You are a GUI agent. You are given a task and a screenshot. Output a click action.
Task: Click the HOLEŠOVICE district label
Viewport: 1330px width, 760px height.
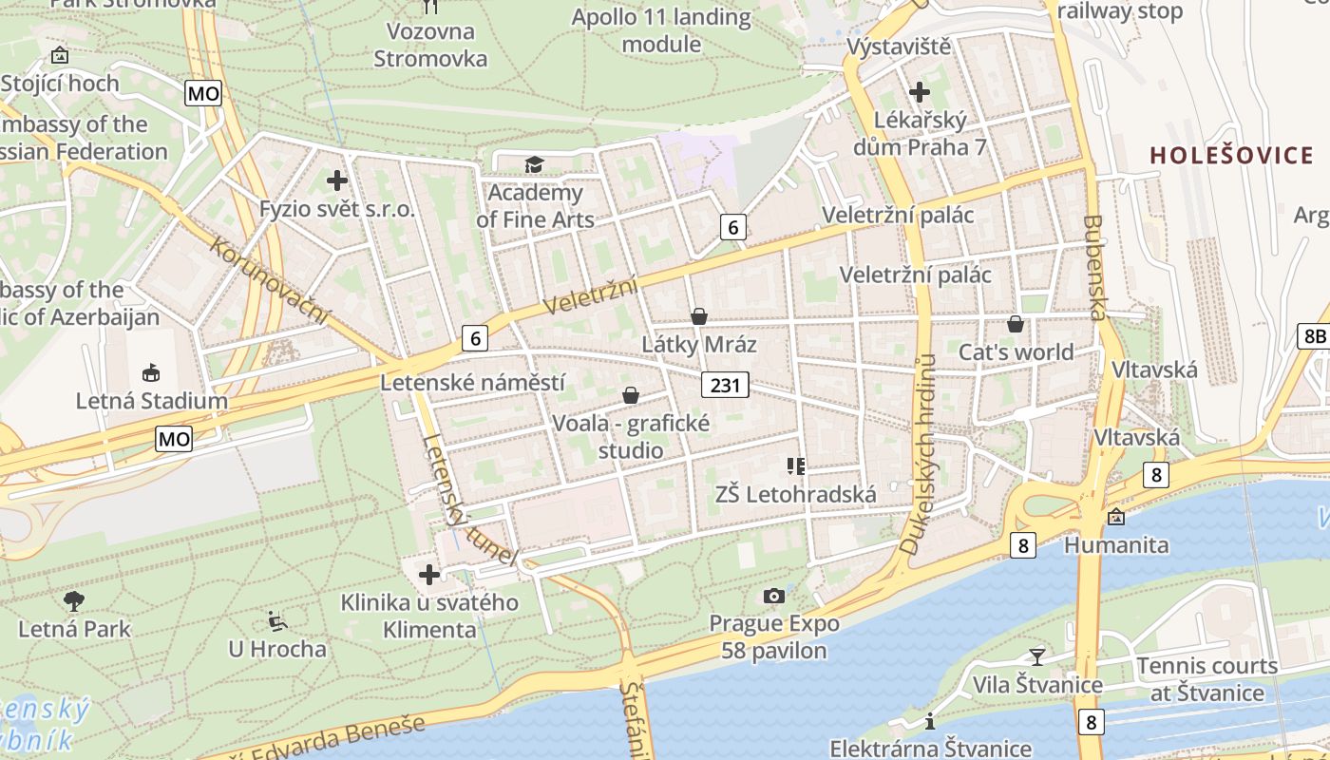(1232, 155)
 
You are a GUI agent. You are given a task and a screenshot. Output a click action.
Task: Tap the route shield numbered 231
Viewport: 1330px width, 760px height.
(726, 385)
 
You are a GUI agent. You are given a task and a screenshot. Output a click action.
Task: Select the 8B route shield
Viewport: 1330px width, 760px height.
(1314, 335)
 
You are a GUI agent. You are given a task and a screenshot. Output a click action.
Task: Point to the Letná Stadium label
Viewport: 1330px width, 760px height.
(152, 401)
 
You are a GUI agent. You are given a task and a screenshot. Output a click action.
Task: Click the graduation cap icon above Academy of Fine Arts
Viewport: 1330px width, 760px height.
(534, 165)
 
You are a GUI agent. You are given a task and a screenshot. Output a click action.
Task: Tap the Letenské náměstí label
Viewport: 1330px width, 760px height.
(472, 383)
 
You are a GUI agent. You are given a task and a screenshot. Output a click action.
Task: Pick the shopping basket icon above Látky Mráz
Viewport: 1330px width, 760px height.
(699, 316)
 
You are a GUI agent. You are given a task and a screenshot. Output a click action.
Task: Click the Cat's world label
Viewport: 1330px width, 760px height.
(1016, 352)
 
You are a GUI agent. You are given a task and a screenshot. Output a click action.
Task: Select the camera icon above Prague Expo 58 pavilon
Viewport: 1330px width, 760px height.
(774, 596)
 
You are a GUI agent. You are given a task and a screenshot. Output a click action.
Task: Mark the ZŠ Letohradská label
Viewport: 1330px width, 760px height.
(796, 494)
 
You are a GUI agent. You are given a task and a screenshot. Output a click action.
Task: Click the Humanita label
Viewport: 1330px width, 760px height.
(1116, 545)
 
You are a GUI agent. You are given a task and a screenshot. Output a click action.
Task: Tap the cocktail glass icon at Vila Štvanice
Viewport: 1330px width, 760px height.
(1036, 656)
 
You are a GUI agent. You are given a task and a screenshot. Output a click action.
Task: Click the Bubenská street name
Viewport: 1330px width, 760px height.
(1095, 268)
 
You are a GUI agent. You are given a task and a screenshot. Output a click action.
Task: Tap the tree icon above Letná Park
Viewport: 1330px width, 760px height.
(74, 600)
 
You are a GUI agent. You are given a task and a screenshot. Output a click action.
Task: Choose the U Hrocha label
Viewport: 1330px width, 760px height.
(276, 650)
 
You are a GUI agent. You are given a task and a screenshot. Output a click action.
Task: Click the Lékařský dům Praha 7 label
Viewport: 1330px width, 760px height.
(920, 134)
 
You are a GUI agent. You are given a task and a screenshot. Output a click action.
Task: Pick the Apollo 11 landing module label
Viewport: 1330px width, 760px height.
(661, 30)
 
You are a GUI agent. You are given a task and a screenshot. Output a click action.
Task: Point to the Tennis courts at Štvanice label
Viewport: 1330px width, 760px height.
(1206, 679)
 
